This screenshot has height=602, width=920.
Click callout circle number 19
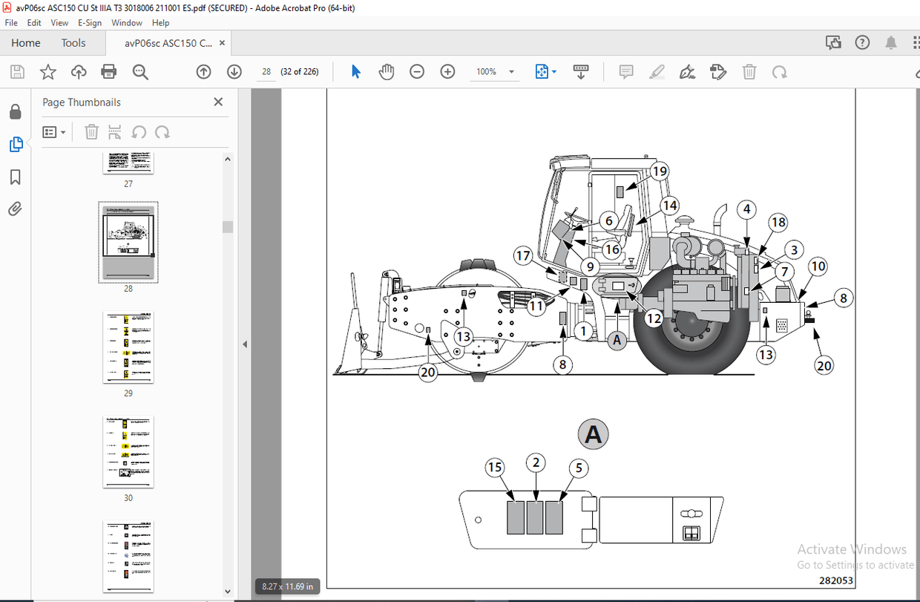660,171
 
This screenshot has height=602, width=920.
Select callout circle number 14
670,206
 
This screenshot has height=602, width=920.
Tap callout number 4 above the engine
747,209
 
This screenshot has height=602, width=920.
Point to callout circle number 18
778,222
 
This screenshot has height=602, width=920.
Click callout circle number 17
523,256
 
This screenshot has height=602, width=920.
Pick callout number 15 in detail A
495,467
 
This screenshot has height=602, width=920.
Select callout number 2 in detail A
536,462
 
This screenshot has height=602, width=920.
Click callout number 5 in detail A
578,468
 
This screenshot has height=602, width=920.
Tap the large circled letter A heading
593,434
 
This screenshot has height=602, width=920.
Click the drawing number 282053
835,581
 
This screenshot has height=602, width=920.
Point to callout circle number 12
653,318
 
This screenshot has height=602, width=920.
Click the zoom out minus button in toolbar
417,72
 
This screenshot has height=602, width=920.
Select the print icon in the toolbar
109,72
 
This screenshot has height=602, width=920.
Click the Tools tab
73,43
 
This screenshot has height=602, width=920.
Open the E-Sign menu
90,23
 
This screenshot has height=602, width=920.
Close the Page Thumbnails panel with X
218,102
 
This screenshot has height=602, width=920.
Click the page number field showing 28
266,72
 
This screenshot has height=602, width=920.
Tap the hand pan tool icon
387,72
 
